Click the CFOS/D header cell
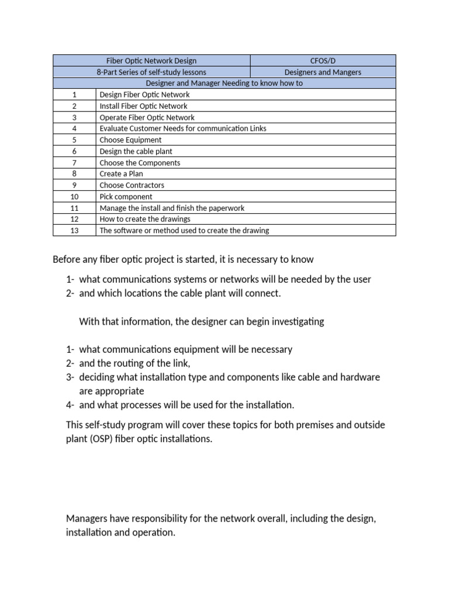[x=323, y=61]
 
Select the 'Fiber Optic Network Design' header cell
[x=151, y=61]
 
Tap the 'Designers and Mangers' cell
[x=323, y=72]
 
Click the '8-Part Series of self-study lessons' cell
[x=151, y=72]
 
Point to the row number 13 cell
[x=74, y=231]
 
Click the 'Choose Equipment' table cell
[x=130, y=140]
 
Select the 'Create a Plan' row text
[x=121, y=174]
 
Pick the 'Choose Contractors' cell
[x=132, y=185]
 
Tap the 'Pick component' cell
[x=126, y=197]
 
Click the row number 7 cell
[x=74, y=163]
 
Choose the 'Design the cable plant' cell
[x=136, y=151]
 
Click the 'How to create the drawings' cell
[x=145, y=219]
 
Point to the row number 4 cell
[x=74, y=128]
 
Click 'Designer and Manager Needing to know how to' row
[x=224, y=84]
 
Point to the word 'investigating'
[x=296, y=322]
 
